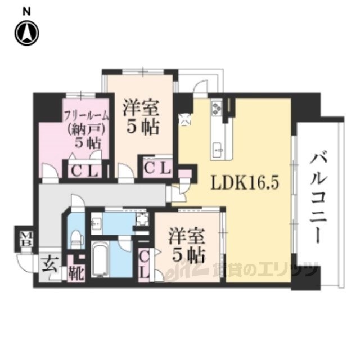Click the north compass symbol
click(26, 34)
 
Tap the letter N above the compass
click(26, 10)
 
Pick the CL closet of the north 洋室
click(157, 168)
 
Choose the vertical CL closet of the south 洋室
click(144, 263)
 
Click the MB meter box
click(25, 238)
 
